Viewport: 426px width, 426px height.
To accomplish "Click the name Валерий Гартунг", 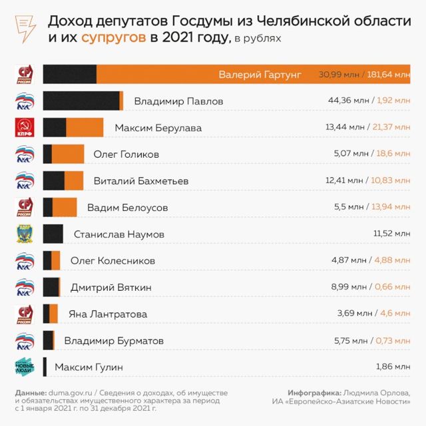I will tap(260, 75).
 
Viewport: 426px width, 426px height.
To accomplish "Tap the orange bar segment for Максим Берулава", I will tap(85, 127).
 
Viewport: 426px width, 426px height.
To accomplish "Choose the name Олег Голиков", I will tap(126, 154).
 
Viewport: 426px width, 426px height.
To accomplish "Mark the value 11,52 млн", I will tap(393, 234).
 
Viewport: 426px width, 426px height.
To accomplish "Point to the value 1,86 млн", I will tap(393, 367).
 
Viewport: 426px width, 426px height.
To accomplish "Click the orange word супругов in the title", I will tap(114, 37).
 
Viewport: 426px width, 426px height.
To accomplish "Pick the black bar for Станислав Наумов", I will tap(53, 234).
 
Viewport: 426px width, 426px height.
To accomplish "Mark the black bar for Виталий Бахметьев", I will tap(53, 180).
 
